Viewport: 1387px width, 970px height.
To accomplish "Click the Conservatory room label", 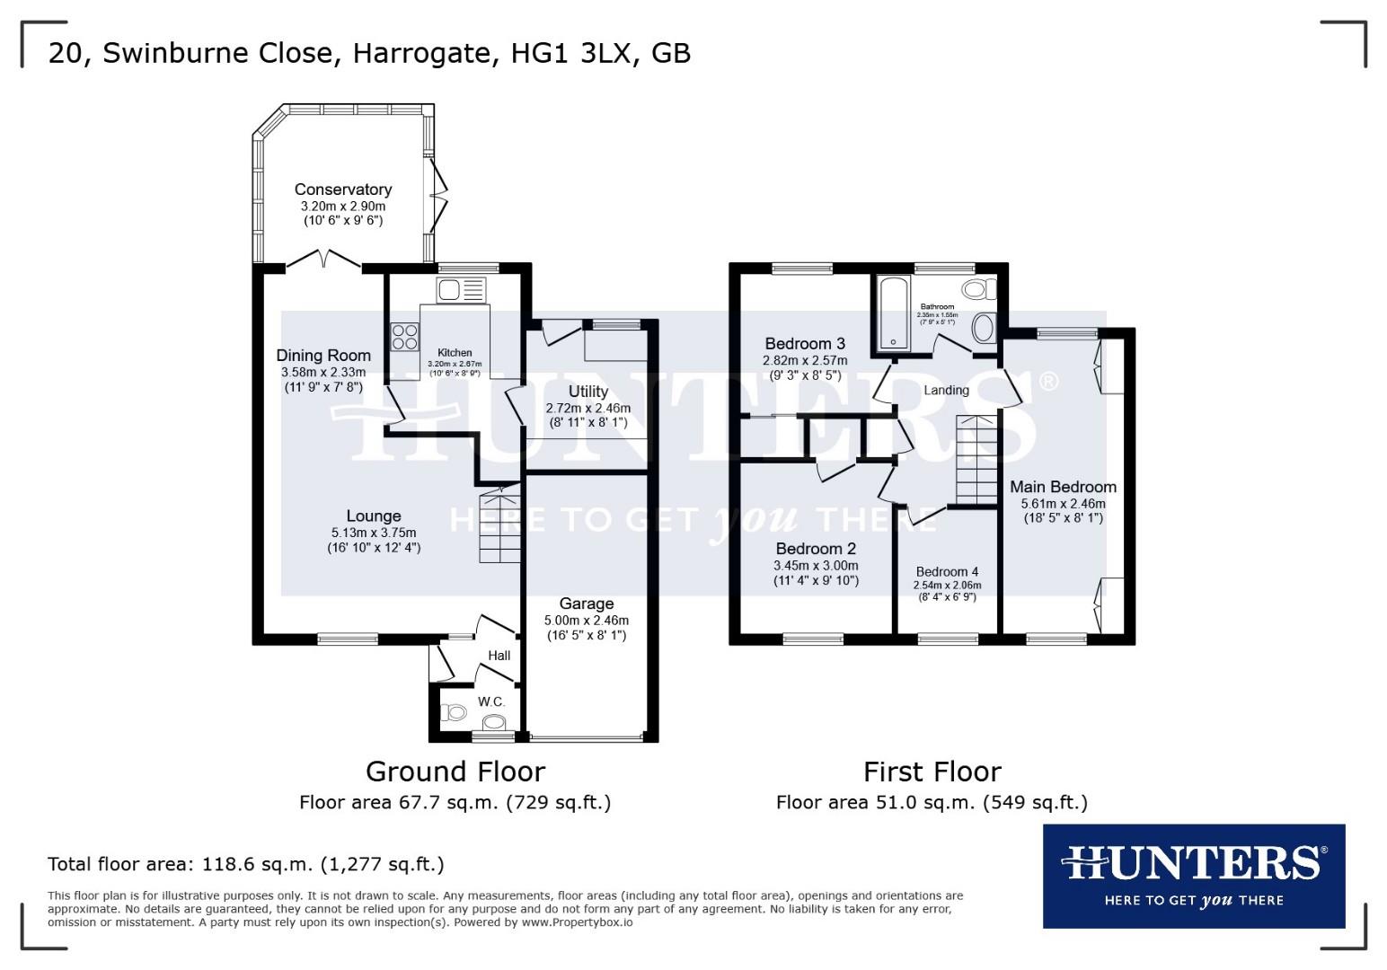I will click(x=342, y=190).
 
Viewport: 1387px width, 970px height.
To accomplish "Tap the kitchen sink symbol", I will click(x=460, y=290).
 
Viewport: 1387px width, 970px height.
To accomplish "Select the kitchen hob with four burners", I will click(x=404, y=336).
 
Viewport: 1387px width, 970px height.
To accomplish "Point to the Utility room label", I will click(x=587, y=392).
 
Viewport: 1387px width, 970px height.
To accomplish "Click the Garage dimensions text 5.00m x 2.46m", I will click(x=586, y=620).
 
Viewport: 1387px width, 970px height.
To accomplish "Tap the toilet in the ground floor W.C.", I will click(x=454, y=713).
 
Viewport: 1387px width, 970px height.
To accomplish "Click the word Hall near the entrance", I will click(x=499, y=656).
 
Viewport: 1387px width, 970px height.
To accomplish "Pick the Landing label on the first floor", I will click(x=946, y=390).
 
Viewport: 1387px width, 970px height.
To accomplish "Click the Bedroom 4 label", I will click(x=947, y=571).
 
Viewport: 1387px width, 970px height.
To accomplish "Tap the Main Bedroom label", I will click(x=1063, y=487).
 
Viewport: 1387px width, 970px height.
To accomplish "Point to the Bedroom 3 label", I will click(x=804, y=343).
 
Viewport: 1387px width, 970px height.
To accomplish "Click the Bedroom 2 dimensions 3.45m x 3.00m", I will click(x=816, y=566).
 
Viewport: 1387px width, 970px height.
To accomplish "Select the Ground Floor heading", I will click(x=455, y=772).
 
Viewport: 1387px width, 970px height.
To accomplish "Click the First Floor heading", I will click(x=932, y=772).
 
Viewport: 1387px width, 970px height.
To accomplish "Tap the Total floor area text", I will click(x=245, y=864).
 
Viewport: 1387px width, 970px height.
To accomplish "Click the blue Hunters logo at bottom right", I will click(x=1193, y=876).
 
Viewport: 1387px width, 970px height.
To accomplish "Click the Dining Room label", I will click(x=322, y=355).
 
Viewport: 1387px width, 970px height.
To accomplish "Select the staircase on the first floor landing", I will click(x=976, y=460).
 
